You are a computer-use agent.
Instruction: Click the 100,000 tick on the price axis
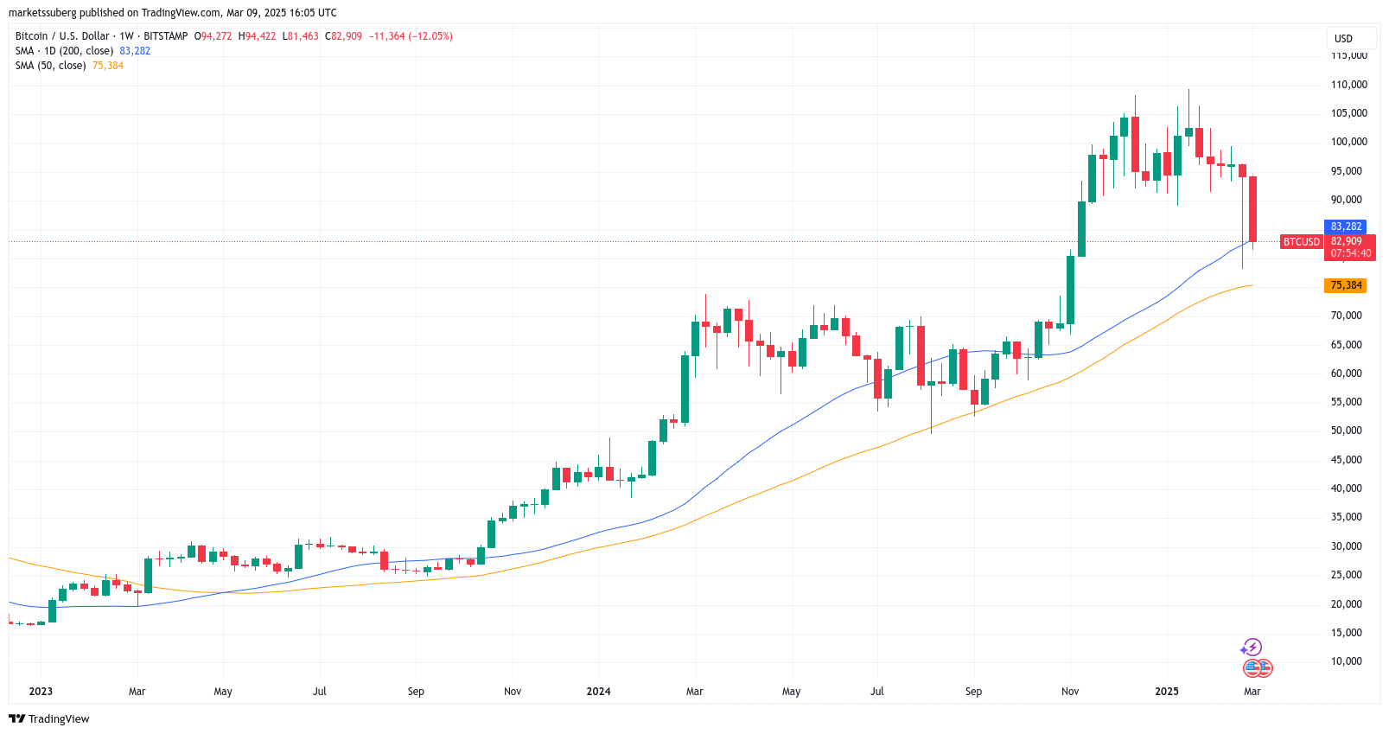click(x=1348, y=142)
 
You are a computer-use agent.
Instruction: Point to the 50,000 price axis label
click(x=1346, y=431)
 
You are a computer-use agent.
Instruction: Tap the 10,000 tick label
click(x=1346, y=661)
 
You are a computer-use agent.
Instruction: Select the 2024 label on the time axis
click(x=598, y=692)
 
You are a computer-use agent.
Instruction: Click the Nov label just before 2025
click(x=1070, y=692)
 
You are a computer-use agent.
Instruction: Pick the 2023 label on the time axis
click(x=41, y=692)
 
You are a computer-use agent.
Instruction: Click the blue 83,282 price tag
click(x=1346, y=227)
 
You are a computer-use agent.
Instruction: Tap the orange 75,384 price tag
click(x=1346, y=285)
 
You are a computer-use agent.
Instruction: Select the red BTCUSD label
click(x=1301, y=242)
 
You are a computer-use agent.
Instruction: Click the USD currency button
click(x=1343, y=38)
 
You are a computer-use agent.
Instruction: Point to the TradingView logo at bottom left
click(x=49, y=718)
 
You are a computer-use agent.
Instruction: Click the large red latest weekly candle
click(x=1252, y=208)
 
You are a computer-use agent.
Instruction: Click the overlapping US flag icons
click(x=1258, y=667)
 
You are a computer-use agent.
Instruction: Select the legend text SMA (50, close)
click(x=50, y=66)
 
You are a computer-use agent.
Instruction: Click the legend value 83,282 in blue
click(x=135, y=51)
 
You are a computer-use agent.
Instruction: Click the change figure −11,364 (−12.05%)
click(x=411, y=36)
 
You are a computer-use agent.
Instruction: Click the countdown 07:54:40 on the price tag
click(x=1350, y=253)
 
